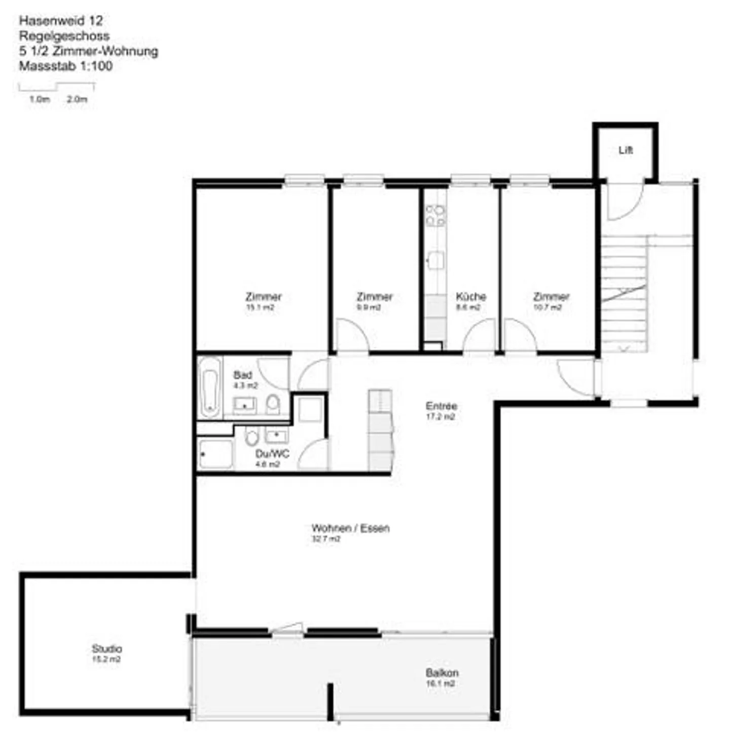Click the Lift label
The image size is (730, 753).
[x=625, y=150]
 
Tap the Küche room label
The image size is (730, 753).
[x=470, y=296]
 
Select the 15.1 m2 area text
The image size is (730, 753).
[x=260, y=307]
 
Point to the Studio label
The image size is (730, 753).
[x=106, y=648]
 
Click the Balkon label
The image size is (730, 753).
[x=442, y=672]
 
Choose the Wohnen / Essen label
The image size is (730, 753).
[x=350, y=528]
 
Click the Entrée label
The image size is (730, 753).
[x=441, y=406]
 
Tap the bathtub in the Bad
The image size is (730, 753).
[x=209, y=387]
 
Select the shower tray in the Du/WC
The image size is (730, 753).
[x=216, y=454]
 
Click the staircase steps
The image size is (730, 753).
[x=624, y=294]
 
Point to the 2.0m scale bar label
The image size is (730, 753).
[x=77, y=99]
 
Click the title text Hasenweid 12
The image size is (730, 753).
[x=61, y=21]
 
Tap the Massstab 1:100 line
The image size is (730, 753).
[x=66, y=66]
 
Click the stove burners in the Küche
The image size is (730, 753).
[x=435, y=215]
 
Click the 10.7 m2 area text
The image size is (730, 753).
[x=547, y=307]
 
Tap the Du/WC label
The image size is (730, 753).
[x=272, y=453]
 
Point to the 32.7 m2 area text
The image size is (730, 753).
[x=325, y=539]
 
